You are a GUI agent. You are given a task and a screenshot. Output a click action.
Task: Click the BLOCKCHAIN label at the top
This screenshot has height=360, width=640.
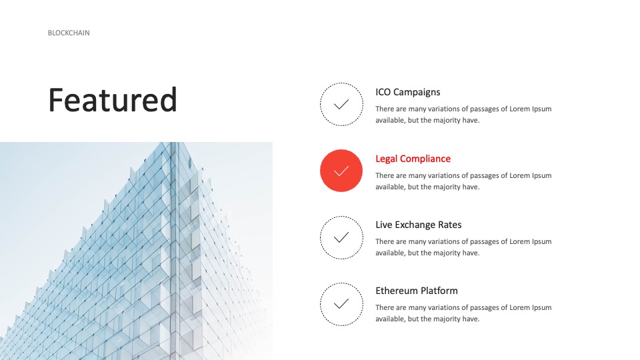click(x=69, y=33)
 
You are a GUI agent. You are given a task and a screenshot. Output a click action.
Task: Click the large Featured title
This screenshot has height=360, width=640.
click(x=113, y=100)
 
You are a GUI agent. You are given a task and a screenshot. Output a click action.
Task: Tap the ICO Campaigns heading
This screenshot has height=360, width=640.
click(x=408, y=92)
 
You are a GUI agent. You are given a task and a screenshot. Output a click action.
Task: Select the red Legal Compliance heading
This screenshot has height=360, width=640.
click(x=413, y=159)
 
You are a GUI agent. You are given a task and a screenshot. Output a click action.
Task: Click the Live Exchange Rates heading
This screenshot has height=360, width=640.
click(x=419, y=225)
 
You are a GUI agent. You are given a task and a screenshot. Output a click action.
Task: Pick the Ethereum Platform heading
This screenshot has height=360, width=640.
click(x=417, y=291)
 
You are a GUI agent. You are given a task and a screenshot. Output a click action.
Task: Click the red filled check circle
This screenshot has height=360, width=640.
click(x=341, y=171)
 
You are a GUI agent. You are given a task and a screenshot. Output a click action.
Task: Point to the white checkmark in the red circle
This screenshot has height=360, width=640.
click(x=341, y=171)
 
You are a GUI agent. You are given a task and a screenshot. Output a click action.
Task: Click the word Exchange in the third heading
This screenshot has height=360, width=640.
click(x=415, y=225)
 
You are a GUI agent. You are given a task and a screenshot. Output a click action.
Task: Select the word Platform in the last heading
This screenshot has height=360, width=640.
click(x=439, y=291)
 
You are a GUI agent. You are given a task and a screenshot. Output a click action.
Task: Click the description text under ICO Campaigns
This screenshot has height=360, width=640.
click(x=463, y=115)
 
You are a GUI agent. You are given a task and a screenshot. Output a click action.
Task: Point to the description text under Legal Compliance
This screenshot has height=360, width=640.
click(x=463, y=181)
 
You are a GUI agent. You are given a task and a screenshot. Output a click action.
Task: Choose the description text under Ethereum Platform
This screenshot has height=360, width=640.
click(x=463, y=313)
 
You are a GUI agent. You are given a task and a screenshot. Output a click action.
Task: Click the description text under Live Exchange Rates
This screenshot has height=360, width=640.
click(x=463, y=247)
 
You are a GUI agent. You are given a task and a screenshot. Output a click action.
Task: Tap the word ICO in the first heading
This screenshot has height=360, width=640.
click(x=383, y=92)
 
